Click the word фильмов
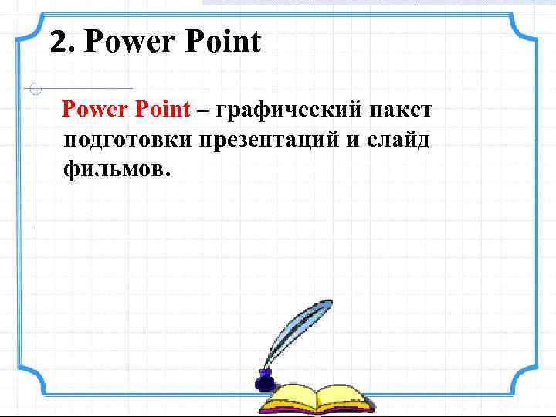(113, 168)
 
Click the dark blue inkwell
(265, 379)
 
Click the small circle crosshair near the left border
(33, 89)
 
